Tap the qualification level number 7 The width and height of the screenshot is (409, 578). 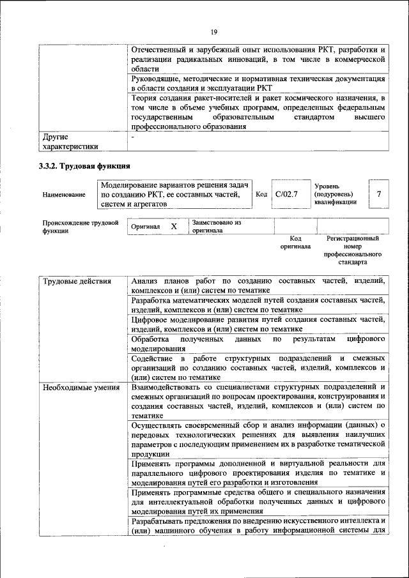(x=379, y=194)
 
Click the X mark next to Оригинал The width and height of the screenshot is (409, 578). (x=174, y=227)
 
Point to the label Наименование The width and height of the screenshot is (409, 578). (x=64, y=194)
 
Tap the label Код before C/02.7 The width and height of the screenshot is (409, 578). (x=261, y=194)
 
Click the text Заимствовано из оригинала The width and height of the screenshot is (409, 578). (x=216, y=227)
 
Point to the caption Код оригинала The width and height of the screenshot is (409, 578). (x=295, y=242)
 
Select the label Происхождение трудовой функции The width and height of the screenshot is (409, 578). (x=81, y=227)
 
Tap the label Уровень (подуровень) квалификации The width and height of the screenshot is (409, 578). (x=335, y=194)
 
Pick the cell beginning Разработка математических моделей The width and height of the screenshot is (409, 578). (x=258, y=305)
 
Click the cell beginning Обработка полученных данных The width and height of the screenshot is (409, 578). (x=258, y=344)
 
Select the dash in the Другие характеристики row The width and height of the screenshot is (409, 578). (x=133, y=137)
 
